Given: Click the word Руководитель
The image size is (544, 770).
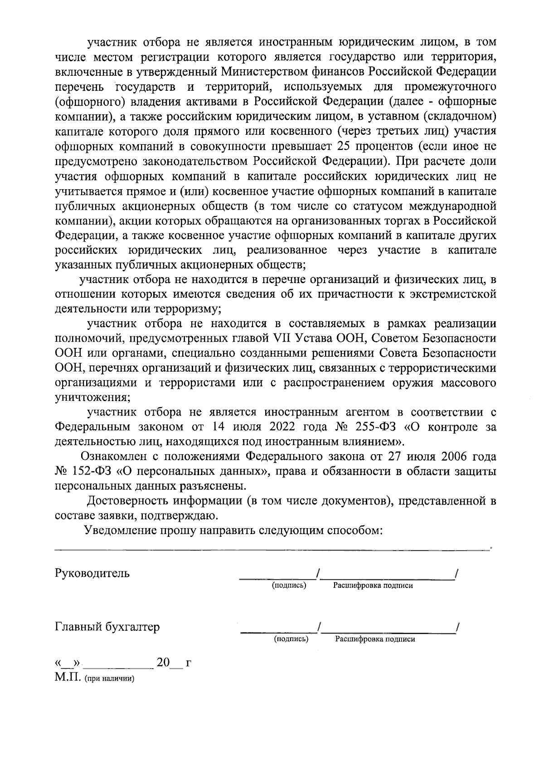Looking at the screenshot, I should (x=92, y=573).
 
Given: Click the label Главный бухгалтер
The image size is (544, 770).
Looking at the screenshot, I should (x=107, y=627).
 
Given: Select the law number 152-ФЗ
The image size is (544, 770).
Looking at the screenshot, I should (x=93, y=471).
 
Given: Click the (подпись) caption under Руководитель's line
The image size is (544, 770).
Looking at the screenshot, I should (x=289, y=585).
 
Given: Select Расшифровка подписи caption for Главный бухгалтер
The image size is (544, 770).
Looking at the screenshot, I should (x=375, y=639).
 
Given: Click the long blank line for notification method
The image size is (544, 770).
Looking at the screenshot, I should (x=272, y=550).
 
